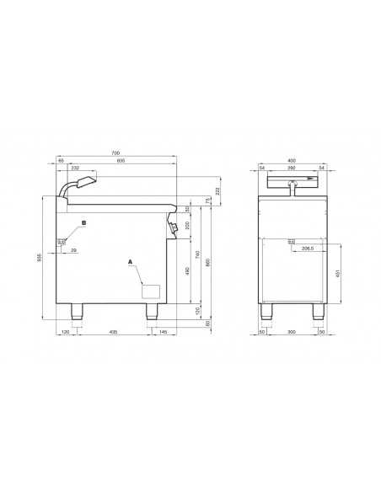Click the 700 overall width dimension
(x=116, y=153)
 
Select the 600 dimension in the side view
(x=120, y=161)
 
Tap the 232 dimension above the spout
(x=76, y=168)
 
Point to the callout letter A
(x=130, y=262)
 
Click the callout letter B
(x=83, y=223)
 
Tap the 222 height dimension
(x=219, y=191)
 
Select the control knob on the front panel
(x=173, y=227)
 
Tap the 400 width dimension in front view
(x=292, y=161)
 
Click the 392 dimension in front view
(x=292, y=168)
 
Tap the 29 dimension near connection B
(x=73, y=251)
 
